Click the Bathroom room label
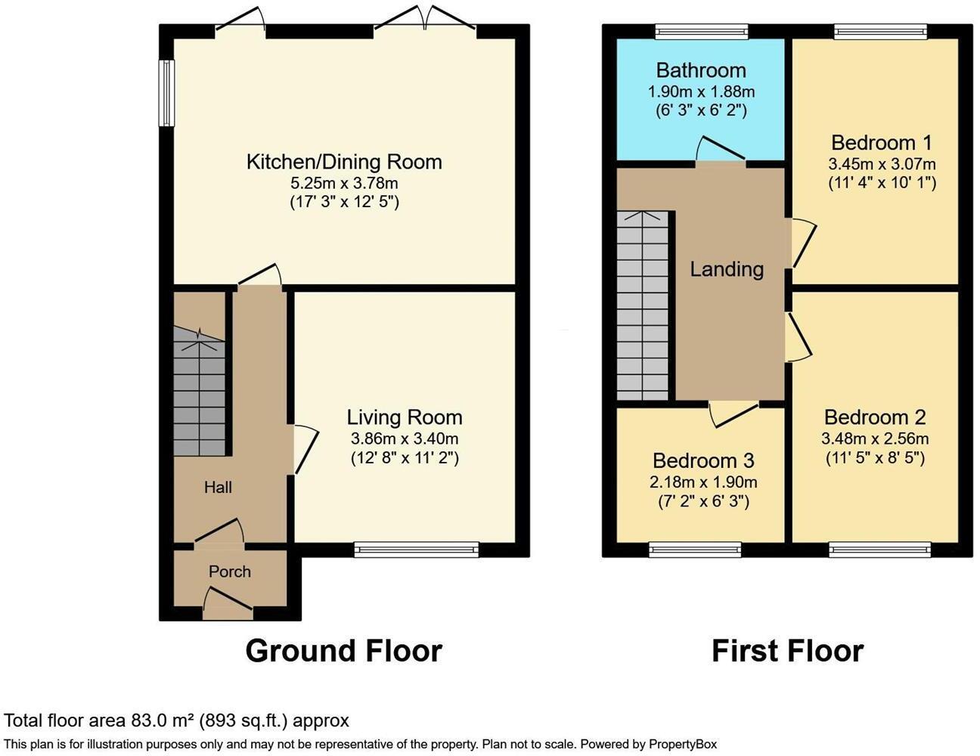[x=700, y=70]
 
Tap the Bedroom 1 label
[x=881, y=142]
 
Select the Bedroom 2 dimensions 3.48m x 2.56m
[x=875, y=438]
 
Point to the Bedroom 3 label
[x=703, y=460]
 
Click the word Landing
[x=727, y=269]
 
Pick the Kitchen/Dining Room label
[x=344, y=161]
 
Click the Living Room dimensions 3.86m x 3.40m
[x=404, y=438]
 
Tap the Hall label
[x=218, y=488]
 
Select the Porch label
[x=229, y=572]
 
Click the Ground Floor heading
[x=343, y=651]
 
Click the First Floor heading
[x=787, y=651]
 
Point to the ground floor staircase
[x=200, y=397]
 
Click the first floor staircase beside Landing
[x=643, y=306]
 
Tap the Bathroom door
[x=721, y=151]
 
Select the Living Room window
[x=417, y=550]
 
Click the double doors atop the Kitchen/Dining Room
[x=425, y=23]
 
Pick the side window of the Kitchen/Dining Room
[x=166, y=93]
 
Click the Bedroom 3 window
[x=695, y=550]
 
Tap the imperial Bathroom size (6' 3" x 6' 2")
[x=700, y=110]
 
